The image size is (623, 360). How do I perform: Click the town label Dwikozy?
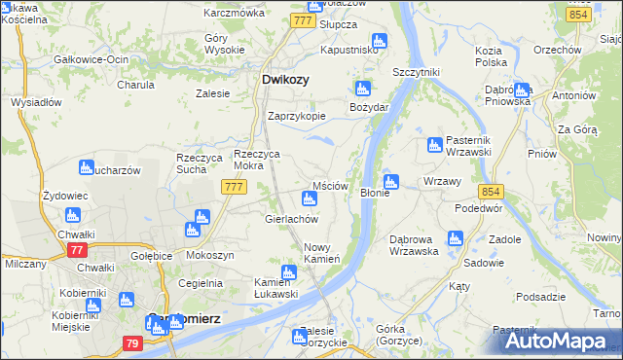286,81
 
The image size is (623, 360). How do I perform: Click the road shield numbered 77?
77,250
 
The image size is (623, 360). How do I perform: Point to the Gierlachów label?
292,219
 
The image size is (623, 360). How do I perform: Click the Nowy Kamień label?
321,253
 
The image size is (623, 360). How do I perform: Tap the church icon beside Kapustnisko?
380,41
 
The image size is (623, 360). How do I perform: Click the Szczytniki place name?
416,73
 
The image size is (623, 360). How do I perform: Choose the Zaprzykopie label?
297,115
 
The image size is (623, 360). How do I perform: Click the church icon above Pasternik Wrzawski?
435,146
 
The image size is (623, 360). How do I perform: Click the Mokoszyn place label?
207,255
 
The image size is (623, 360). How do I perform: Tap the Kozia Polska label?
491,55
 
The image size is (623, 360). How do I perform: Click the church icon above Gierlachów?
309,199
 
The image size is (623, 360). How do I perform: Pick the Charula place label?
136,85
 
